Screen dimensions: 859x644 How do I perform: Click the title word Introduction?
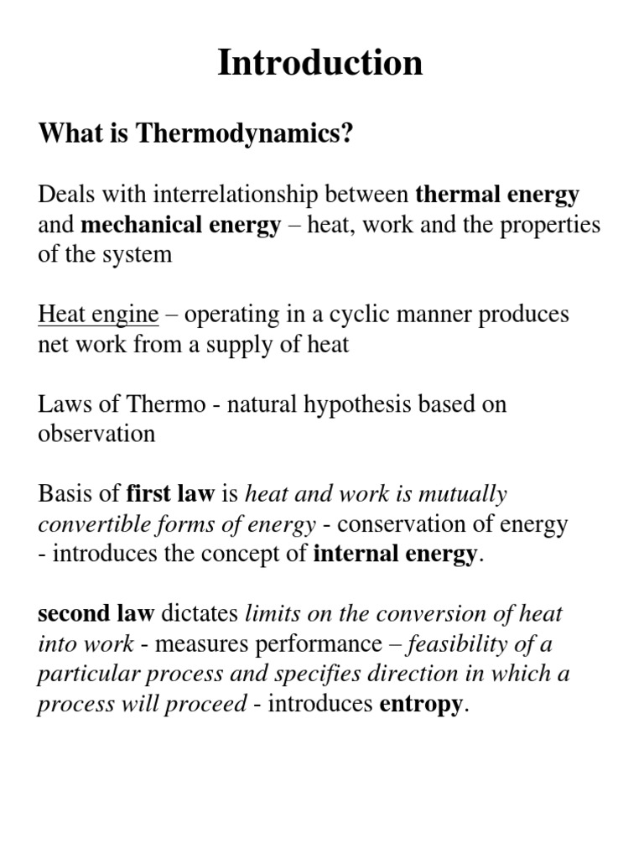320,64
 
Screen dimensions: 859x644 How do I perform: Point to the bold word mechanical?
139,225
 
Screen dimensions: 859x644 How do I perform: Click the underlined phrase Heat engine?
98,315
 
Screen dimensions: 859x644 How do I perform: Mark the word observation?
96,434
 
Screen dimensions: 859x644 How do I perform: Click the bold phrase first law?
170,494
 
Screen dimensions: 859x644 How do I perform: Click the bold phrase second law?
96,614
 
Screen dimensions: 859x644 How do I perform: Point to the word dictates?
200,614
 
